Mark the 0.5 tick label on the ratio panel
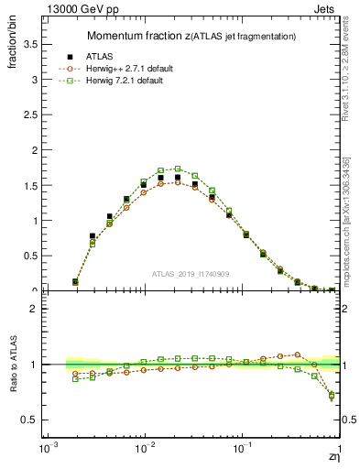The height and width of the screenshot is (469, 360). pyautogui.click(x=32, y=420)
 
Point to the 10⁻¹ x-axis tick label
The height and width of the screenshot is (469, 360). pyautogui.click(x=242, y=451)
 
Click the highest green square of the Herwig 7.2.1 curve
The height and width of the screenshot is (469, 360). pyautogui.click(x=178, y=169)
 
